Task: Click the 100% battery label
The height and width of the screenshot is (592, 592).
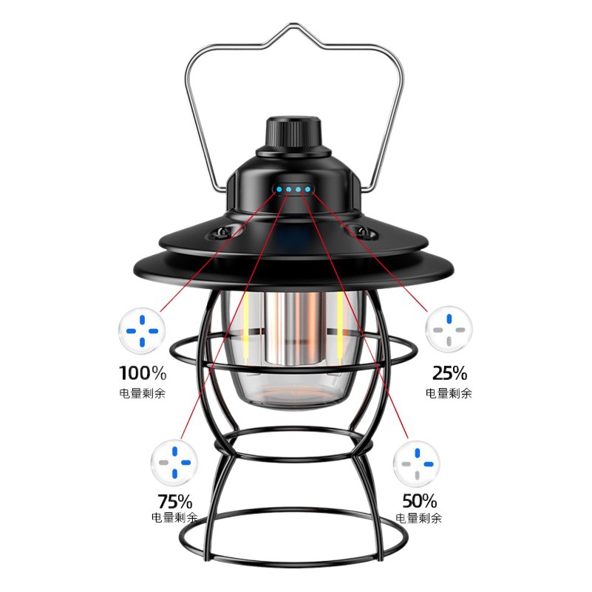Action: point(143,372)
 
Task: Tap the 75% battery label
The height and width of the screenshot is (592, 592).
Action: point(174,500)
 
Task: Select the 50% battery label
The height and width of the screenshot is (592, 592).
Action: point(419,500)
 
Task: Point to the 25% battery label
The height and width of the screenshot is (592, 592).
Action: point(449,372)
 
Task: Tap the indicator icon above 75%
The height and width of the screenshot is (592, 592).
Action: point(174,461)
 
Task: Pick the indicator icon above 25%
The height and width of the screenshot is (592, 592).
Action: point(449,330)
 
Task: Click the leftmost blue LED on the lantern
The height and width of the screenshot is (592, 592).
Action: point(279,190)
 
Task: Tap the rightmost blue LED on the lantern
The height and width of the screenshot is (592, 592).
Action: point(307,191)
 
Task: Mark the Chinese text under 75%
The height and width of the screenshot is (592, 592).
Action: point(174,518)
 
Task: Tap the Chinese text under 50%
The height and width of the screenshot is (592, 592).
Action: point(419,518)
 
